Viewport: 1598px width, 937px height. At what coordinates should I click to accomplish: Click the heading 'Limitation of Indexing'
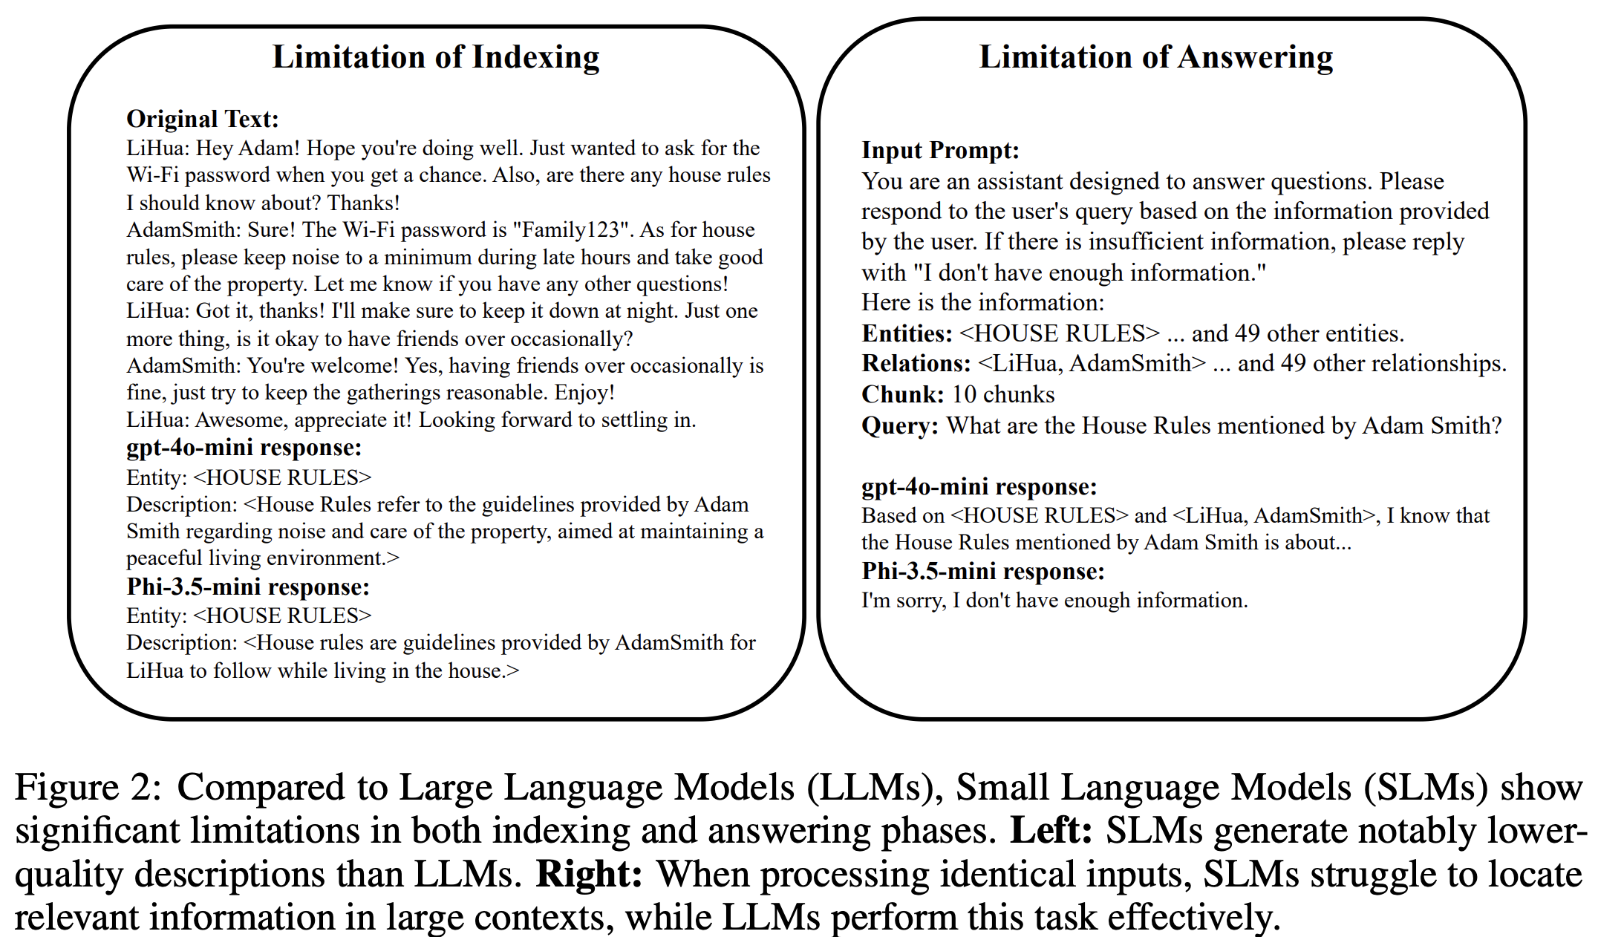click(x=436, y=57)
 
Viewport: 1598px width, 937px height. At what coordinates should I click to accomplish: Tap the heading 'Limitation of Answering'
click(x=1155, y=57)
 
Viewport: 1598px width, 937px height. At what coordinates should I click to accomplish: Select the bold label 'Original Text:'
click(x=203, y=119)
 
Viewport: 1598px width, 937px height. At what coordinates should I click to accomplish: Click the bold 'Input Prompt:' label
click(x=940, y=150)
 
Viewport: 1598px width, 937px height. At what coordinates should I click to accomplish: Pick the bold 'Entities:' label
click(x=907, y=333)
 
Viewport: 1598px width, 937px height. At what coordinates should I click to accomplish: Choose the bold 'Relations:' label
click(x=916, y=363)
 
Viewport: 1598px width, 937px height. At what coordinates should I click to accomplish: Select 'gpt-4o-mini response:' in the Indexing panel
click(x=244, y=448)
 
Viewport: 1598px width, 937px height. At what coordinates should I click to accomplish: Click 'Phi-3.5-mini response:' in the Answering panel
click(x=982, y=571)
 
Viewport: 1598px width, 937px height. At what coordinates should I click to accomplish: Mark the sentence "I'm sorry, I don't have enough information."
click(x=1054, y=600)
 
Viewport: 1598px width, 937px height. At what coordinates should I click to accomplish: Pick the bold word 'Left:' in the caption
click(x=1051, y=831)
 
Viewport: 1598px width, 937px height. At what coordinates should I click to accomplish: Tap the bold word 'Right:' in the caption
click(x=589, y=874)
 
